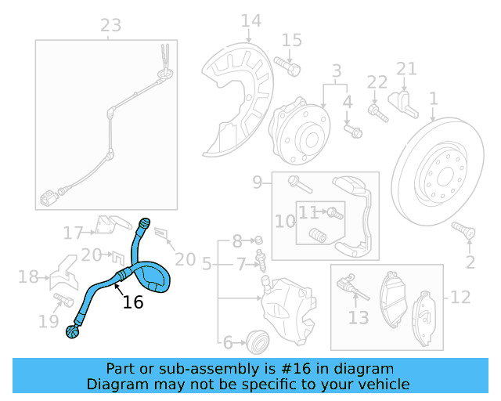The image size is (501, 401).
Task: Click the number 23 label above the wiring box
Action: click(111, 25)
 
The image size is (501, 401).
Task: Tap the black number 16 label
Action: click(134, 302)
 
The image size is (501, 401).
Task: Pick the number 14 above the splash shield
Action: click(250, 20)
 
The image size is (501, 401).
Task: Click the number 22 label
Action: click(377, 81)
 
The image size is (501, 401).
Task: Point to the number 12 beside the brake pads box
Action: click(460, 297)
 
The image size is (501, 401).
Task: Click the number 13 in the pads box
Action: click(358, 317)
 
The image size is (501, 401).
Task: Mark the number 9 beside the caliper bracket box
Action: click(257, 182)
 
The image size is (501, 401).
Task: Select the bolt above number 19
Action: click(59, 298)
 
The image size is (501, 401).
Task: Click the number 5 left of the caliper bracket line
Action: click(206, 266)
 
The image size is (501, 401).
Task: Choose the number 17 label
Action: click(74, 233)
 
